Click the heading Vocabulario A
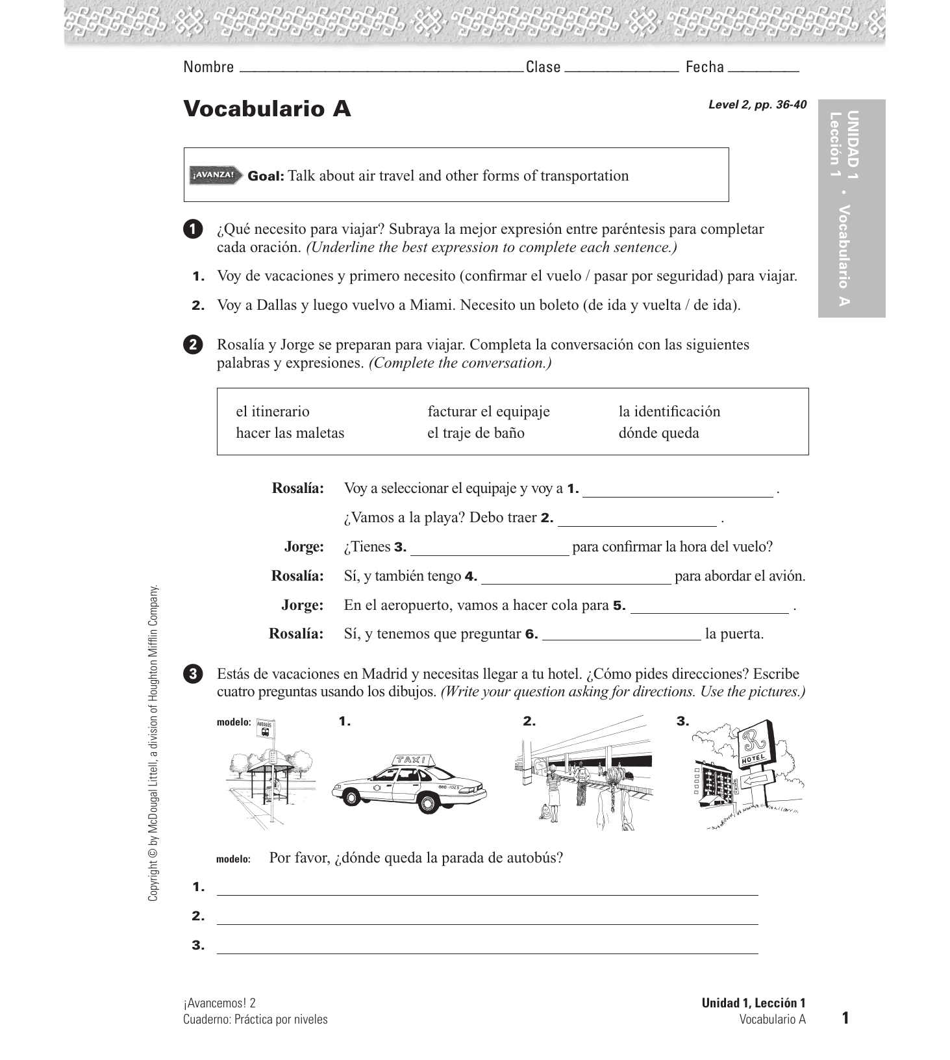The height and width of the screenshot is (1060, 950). point(267,109)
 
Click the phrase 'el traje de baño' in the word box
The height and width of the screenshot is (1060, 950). point(475,433)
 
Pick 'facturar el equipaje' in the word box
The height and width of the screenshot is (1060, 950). point(488,412)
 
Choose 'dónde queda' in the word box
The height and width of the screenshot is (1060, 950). point(658,433)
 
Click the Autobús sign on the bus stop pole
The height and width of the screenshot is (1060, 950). point(265,727)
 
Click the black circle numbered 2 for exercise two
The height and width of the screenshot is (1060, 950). point(193,345)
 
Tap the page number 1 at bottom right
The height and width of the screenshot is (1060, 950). point(845,1018)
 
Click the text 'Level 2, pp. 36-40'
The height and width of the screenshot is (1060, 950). point(757,105)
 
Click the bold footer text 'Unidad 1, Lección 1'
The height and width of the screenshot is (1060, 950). point(753,1003)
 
